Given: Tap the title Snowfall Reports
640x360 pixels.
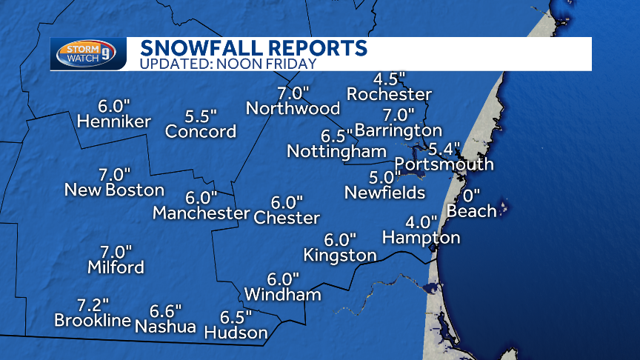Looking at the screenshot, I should click(x=253, y=48).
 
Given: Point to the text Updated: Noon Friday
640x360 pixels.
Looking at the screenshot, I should click(x=228, y=64).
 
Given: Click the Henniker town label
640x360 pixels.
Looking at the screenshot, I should click(x=113, y=121).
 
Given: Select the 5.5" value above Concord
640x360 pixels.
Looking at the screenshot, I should click(x=201, y=116).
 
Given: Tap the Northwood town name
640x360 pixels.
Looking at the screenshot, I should click(x=293, y=109).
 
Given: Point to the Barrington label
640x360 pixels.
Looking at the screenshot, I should click(x=398, y=130).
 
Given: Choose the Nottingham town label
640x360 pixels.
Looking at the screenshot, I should click(x=336, y=151).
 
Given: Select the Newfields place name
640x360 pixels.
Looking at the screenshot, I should click(x=384, y=193).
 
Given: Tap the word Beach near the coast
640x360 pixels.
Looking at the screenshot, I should click(x=471, y=211).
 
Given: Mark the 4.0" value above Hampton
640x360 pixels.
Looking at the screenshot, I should click(x=421, y=222).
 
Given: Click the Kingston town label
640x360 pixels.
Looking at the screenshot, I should click(x=339, y=255).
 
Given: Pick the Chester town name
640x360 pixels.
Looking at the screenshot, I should click(x=287, y=218).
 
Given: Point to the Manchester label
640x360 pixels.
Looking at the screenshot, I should click(x=201, y=213).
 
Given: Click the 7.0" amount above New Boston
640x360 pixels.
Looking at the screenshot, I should click(x=114, y=174).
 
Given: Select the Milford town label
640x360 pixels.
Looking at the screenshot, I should click(x=116, y=267).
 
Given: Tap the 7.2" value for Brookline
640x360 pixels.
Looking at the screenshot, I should click(x=93, y=304).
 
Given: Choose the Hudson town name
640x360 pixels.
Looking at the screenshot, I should click(x=236, y=333).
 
